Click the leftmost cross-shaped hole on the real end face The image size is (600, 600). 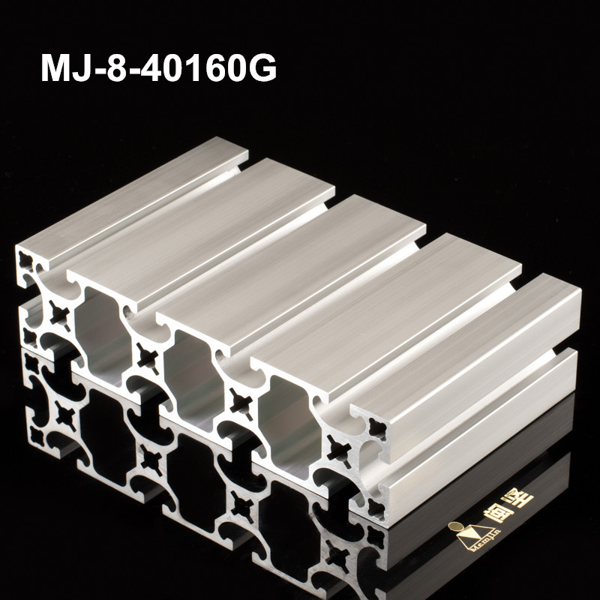pyautogui.click(x=55, y=312)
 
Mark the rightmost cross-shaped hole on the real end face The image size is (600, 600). pyautogui.click(x=336, y=450)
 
